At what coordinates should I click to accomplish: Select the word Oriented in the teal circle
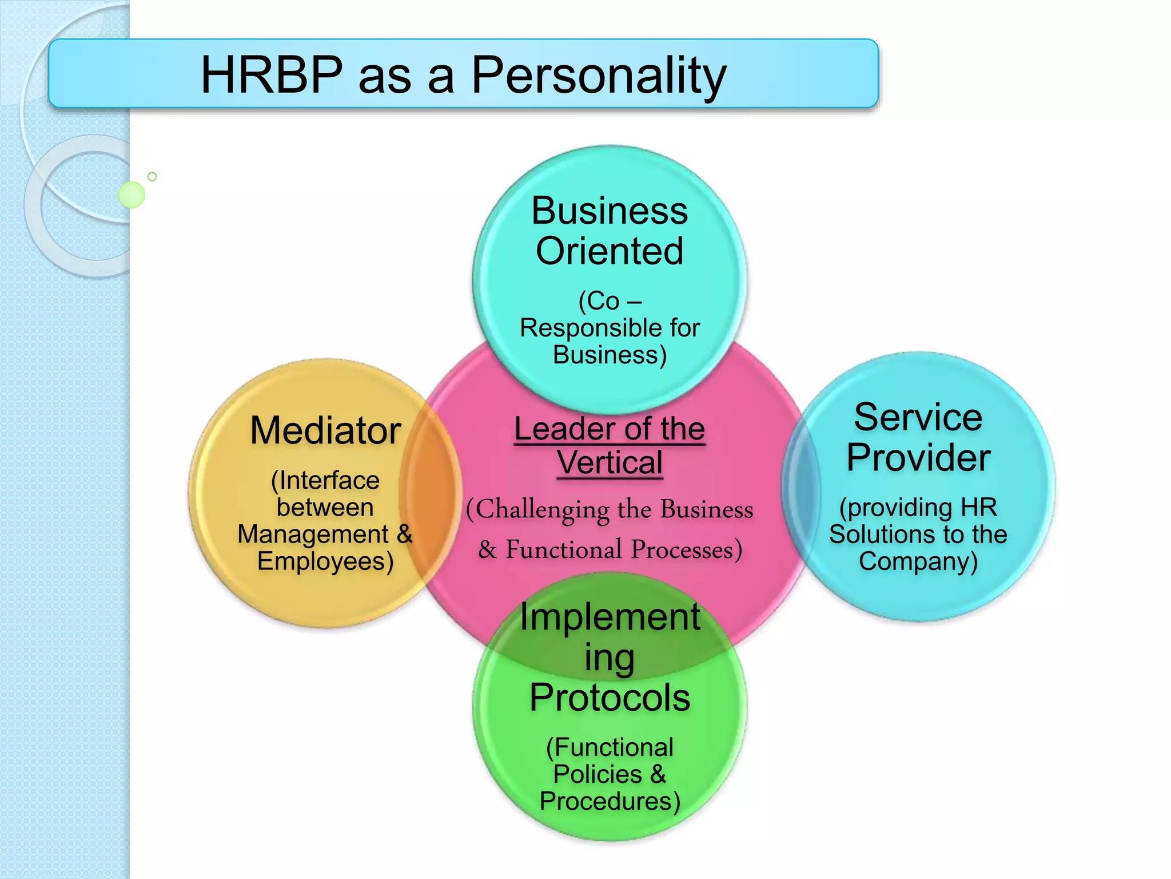click(x=610, y=251)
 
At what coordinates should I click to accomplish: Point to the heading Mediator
click(x=325, y=430)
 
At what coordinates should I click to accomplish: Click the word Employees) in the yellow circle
click(x=325, y=561)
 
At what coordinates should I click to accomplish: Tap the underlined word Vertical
click(x=610, y=462)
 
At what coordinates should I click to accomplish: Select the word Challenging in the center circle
click(x=537, y=510)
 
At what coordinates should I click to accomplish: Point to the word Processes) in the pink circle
click(x=686, y=550)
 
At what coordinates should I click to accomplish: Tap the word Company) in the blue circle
click(x=918, y=561)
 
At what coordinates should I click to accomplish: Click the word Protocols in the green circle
click(x=610, y=698)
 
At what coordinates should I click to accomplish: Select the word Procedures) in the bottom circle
click(x=610, y=801)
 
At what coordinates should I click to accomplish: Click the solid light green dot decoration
click(x=132, y=195)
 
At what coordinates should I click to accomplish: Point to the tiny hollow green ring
click(x=152, y=176)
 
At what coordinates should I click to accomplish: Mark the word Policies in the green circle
click(x=598, y=774)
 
